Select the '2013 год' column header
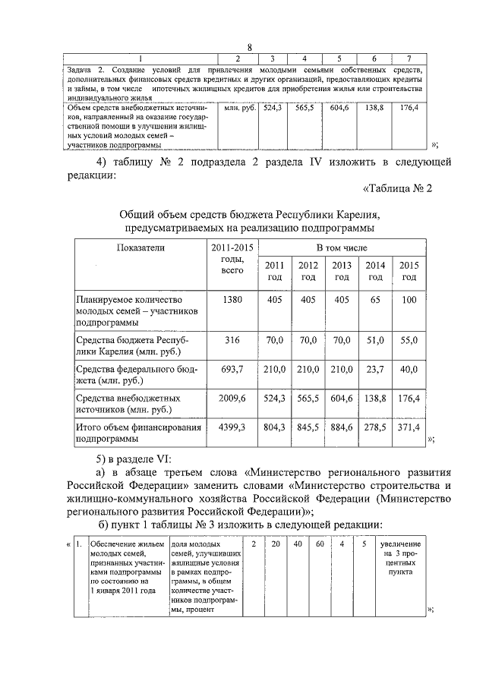coord(342,270)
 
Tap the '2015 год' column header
coord(409,270)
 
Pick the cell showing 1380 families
coord(232,300)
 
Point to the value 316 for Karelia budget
coord(232,340)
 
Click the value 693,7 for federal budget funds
coord(232,369)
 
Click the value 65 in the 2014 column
coord(375,300)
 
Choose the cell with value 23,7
coord(375,369)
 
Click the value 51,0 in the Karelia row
coord(375,340)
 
